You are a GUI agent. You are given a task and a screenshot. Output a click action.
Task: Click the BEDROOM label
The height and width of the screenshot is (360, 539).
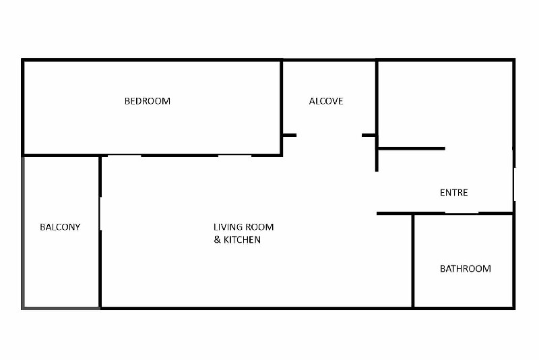(x=148, y=101)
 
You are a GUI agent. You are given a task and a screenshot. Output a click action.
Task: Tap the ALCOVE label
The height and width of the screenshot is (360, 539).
(x=326, y=101)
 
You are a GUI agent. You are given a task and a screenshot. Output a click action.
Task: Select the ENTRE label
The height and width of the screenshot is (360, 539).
(x=453, y=193)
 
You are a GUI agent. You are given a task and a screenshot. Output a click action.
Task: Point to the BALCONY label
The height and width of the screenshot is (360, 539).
(x=60, y=227)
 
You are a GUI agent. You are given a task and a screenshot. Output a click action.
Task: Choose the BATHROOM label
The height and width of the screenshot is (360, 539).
(x=466, y=268)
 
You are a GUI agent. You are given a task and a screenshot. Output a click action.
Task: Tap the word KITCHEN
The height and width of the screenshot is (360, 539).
(x=242, y=239)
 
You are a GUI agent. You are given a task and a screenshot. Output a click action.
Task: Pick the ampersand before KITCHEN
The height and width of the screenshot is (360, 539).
(x=217, y=239)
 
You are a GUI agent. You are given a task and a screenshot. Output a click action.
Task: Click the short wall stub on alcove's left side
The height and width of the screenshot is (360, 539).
(x=290, y=136)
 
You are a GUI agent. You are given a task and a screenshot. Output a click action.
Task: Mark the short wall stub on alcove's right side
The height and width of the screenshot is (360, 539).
(x=369, y=136)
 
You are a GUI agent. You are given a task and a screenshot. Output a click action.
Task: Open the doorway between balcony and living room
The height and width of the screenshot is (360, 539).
(x=100, y=214)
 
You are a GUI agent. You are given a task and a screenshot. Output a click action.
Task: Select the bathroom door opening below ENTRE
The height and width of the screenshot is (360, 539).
(x=462, y=213)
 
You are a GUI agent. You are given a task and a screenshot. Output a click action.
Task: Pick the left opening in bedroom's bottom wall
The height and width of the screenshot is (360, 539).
(x=125, y=156)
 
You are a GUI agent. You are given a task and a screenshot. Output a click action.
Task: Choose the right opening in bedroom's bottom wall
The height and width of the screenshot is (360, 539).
(x=234, y=156)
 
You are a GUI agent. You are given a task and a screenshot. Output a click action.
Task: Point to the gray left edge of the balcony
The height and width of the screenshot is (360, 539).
(x=23, y=233)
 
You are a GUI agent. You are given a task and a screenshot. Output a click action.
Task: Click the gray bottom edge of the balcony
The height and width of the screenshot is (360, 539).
(x=61, y=308)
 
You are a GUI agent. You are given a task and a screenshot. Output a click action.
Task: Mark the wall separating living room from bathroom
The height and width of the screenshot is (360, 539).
(x=413, y=261)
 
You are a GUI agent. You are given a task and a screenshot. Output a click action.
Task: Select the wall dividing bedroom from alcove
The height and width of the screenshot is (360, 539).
(x=281, y=108)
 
